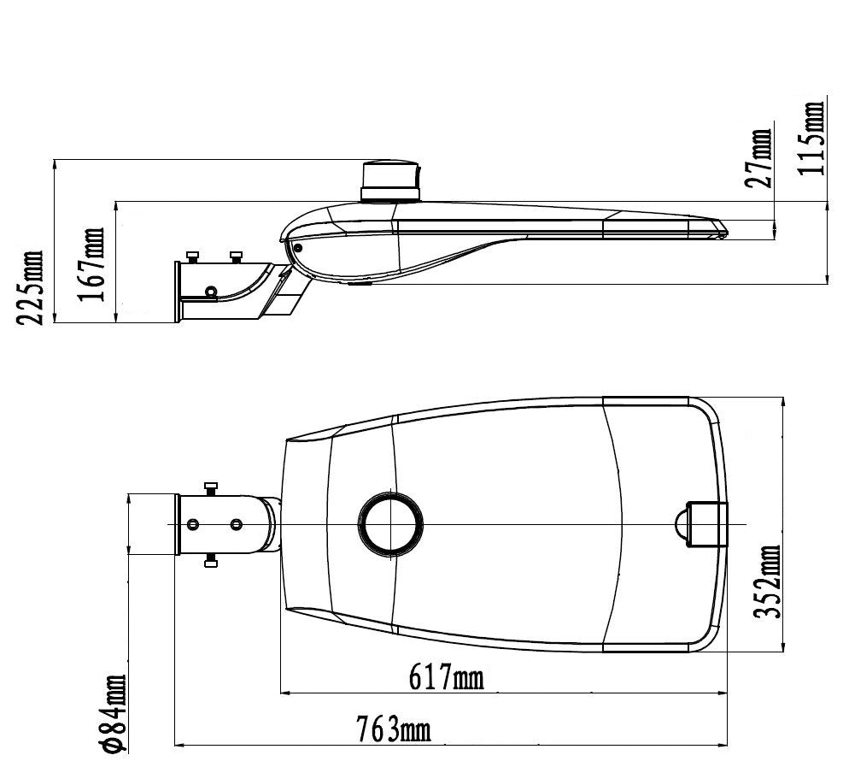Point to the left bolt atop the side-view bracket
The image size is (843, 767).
pos(193,255)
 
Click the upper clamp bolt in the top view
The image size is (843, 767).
pos(210,487)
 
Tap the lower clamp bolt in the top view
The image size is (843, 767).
pos(210,561)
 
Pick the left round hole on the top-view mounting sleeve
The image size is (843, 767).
pos(194,523)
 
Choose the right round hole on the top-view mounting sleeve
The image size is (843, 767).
pos(236,523)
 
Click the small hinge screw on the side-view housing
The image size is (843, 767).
pos(298,247)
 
